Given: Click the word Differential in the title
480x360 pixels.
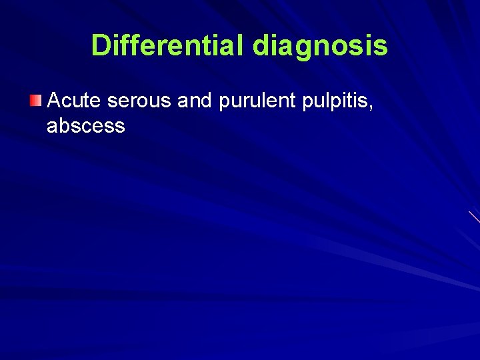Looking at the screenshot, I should click(169, 46).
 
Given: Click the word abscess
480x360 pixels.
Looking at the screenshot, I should click(86, 125).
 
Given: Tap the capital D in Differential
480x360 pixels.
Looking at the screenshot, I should click(101, 46).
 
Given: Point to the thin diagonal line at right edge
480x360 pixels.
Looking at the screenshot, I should click(474, 217).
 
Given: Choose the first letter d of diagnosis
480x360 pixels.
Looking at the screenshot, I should click(261, 46).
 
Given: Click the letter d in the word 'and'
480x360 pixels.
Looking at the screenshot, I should click(205, 101).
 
